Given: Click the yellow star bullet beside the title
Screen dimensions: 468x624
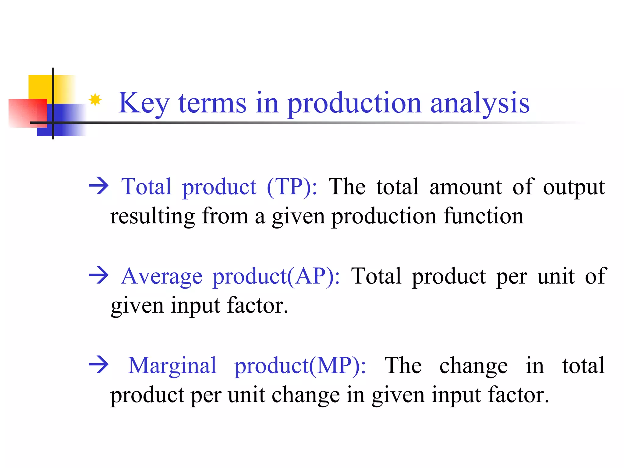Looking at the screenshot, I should pyautogui.click(x=95, y=100).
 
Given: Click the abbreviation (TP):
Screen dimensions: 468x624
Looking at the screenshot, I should pyautogui.click(x=292, y=186).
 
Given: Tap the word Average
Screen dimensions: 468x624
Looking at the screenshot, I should pyautogui.click(x=161, y=276).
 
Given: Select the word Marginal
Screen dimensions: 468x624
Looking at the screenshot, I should pyautogui.click(x=172, y=365).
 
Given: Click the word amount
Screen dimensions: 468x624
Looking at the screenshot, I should pyautogui.click(x=465, y=186).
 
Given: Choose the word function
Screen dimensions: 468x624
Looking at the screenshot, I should pyautogui.click(x=483, y=216).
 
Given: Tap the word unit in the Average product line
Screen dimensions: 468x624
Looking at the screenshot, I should pyautogui.click(x=556, y=276).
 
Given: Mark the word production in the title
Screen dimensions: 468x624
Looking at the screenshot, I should pyautogui.click(x=354, y=104).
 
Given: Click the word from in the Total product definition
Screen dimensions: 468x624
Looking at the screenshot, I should pyautogui.click(x=225, y=216).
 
